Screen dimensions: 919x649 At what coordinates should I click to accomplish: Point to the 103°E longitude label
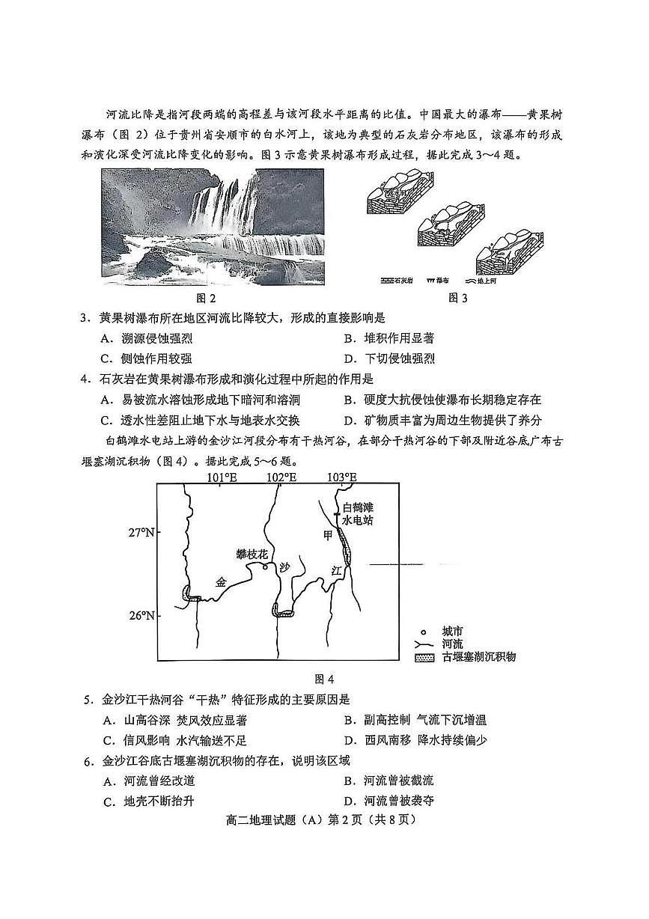[x=341, y=477]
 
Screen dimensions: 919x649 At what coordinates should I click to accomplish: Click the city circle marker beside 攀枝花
[x=265, y=567]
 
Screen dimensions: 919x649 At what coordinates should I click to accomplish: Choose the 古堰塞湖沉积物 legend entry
[x=478, y=657]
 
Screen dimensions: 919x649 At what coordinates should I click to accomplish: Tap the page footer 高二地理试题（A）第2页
[x=323, y=819]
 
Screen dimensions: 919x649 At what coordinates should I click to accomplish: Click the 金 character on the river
[x=220, y=581]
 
